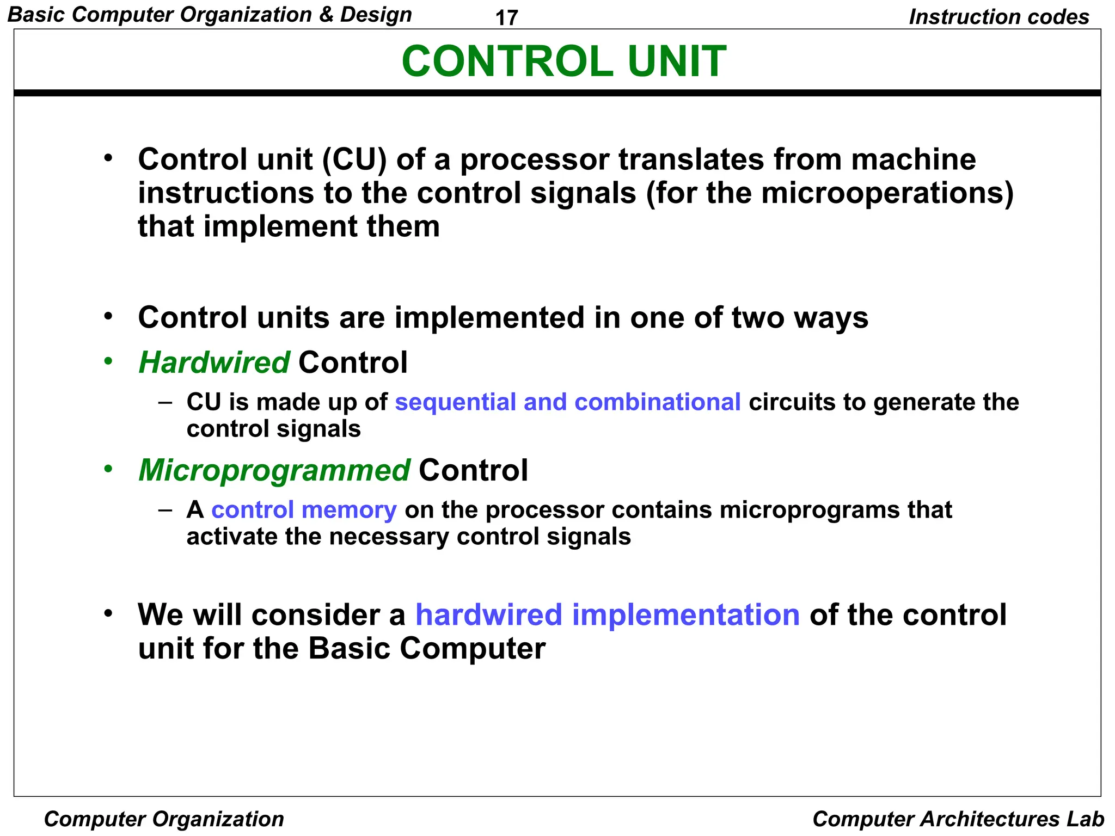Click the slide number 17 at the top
point(506,18)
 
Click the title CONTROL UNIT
point(563,61)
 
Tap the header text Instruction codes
point(999,17)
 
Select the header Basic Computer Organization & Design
point(210,15)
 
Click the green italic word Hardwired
point(214,362)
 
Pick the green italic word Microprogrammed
point(274,470)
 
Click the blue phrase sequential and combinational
point(567,402)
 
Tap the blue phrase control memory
point(304,510)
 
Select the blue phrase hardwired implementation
point(607,614)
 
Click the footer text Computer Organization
point(164,819)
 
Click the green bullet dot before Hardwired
point(108,361)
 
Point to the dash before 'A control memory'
point(165,510)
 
